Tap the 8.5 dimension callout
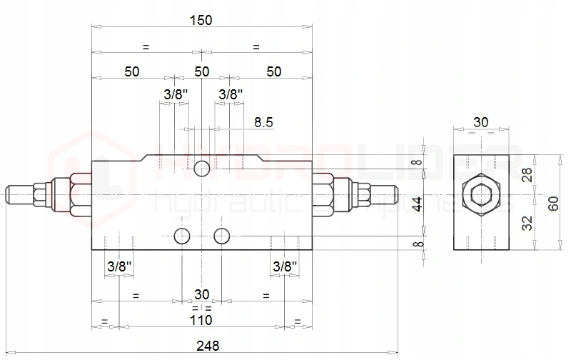tap(263, 121)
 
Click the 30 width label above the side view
tap(481, 122)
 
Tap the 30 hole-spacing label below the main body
tap(202, 294)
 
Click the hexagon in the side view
tap(481, 195)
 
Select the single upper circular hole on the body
tap(202, 169)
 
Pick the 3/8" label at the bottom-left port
tap(119, 266)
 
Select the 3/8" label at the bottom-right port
tap(285, 266)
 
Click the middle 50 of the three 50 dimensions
tap(202, 71)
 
